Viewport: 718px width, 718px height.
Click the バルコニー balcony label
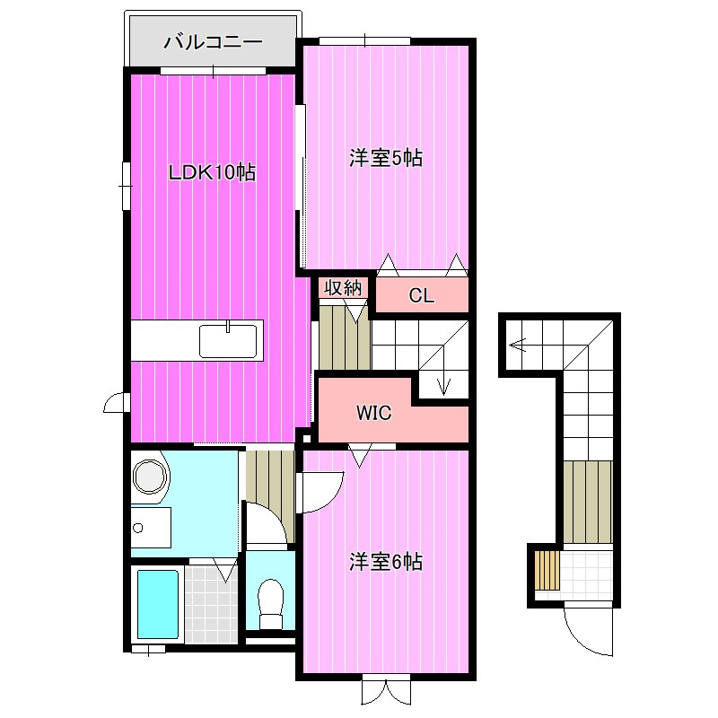[x=213, y=42]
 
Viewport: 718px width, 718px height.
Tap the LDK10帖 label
[x=212, y=172]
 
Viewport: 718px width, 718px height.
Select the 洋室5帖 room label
[x=386, y=159]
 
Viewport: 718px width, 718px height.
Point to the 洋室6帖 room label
[x=386, y=562]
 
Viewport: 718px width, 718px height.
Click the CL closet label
[x=421, y=296]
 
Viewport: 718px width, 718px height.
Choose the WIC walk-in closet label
[x=373, y=413]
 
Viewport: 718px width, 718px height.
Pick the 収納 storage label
[x=343, y=288]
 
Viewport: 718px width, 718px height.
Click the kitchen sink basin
[x=228, y=341]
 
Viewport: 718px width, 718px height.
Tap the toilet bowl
[x=271, y=604]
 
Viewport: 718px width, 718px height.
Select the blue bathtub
[x=158, y=604]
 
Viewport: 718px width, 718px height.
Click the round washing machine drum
[x=149, y=477]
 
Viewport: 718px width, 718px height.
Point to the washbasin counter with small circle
[x=151, y=528]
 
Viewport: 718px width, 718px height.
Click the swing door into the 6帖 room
[x=320, y=493]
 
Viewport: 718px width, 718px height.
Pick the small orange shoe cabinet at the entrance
[x=547, y=570]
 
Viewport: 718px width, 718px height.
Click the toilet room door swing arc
[x=267, y=523]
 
